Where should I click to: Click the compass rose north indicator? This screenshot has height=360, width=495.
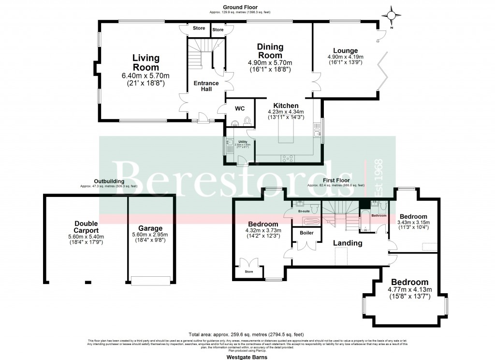(392, 15)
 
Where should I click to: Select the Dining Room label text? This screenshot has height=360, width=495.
(270, 51)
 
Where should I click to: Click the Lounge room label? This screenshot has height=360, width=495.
(345, 50)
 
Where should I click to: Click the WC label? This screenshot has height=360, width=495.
(239, 109)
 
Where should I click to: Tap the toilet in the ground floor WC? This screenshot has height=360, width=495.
(247, 120)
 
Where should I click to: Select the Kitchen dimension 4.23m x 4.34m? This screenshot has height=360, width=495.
(286, 112)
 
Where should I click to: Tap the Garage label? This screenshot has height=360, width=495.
(150, 228)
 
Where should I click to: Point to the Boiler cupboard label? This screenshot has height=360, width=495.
(306, 233)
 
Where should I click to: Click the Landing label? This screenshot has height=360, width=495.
(348, 243)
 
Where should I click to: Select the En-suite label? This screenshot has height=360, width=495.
(304, 211)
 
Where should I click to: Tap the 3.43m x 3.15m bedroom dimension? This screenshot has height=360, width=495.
(413, 223)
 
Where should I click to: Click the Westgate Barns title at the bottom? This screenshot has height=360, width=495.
(247, 357)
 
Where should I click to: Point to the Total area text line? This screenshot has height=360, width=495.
(247, 334)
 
